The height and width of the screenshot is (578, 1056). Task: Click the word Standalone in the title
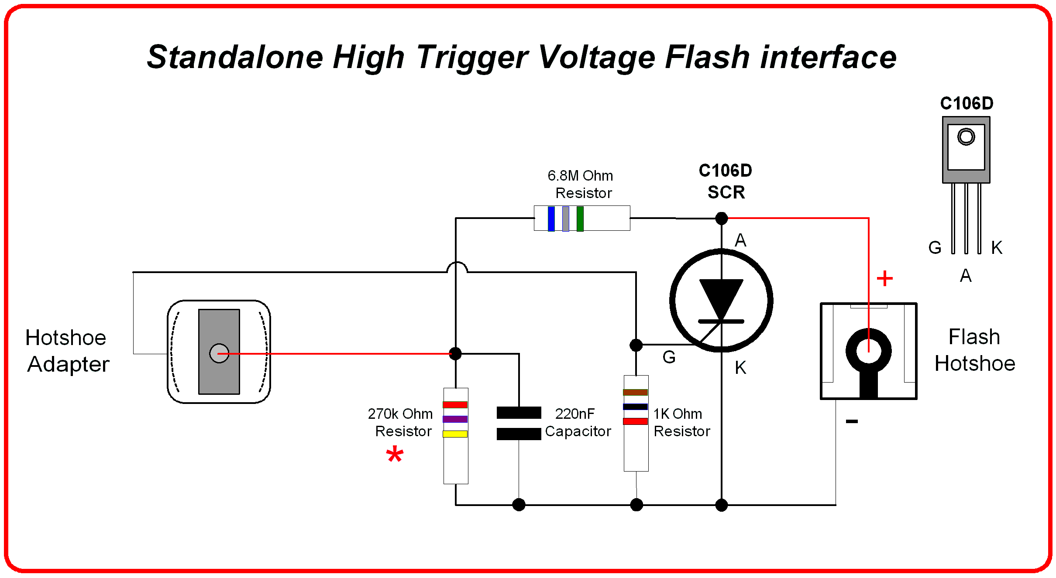tap(235, 57)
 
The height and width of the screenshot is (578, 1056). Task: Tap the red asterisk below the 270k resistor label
tap(395, 455)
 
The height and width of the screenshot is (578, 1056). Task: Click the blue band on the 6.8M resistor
tap(551, 219)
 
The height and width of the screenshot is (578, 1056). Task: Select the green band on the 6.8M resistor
tap(580, 219)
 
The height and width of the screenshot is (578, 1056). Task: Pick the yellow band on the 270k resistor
tap(455, 434)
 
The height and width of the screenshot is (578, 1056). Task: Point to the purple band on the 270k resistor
tap(455, 419)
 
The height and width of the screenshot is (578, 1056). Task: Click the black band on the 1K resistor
tap(635, 407)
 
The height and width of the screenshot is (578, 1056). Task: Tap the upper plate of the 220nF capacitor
tap(519, 412)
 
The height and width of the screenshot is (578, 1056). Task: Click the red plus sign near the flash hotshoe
tap(884, 278)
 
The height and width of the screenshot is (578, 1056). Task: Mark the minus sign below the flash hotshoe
tap(852, 421)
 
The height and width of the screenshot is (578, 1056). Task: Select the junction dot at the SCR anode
tap(721, 218)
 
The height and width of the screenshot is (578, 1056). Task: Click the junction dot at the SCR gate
tap(636, 345)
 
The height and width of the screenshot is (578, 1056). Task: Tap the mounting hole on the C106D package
tap(966, 137)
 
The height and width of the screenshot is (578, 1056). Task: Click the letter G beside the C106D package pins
tap(935, 248)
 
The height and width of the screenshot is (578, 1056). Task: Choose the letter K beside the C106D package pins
tap(997, 248)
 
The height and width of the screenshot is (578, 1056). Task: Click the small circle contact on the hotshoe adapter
tap(219, 353)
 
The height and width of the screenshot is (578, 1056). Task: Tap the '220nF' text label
tap(574, 414)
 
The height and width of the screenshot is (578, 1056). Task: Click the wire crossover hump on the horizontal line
tap(457, 266)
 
